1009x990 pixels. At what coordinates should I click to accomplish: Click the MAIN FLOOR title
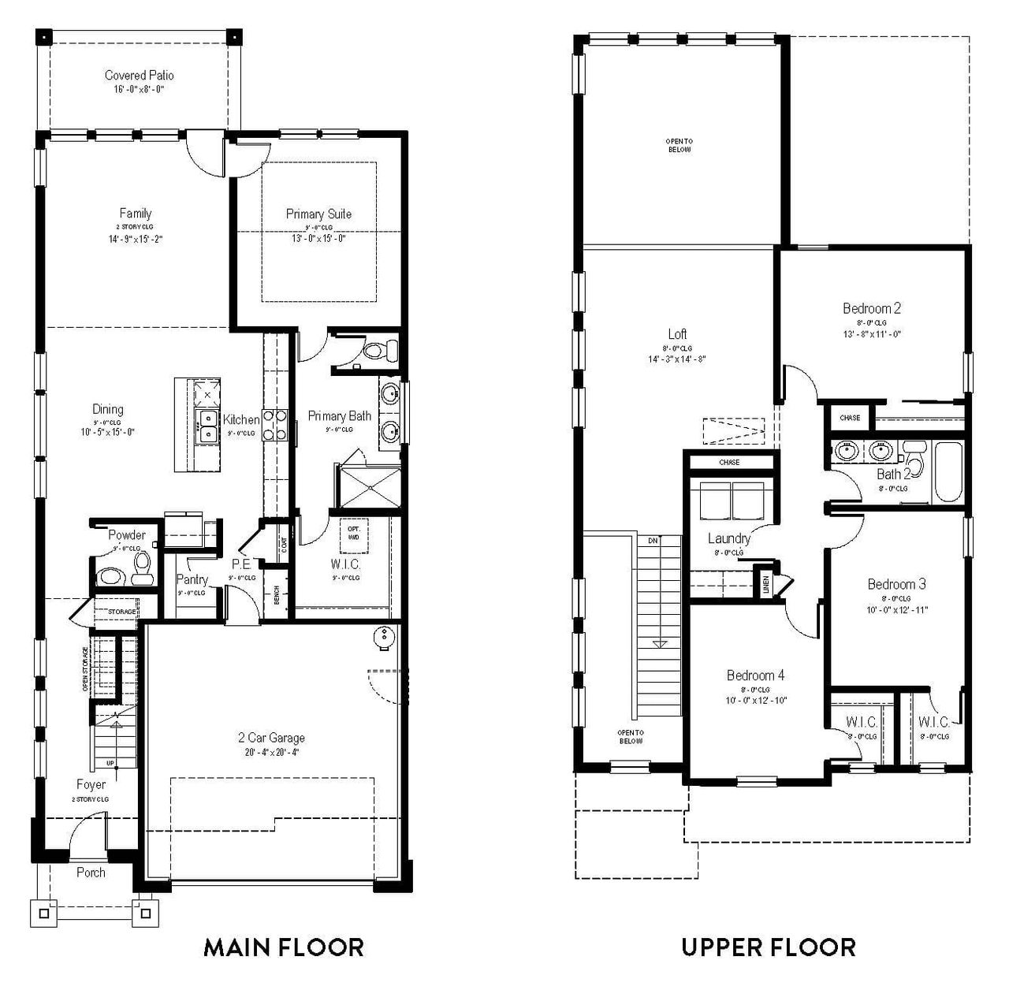tap(284, 946)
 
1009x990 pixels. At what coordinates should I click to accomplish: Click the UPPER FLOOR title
tap(768, 946)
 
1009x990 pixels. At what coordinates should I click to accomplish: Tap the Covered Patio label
tap(139, 76)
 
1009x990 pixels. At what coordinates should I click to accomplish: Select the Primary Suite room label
tap(318, 214)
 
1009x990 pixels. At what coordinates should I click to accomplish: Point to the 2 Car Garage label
tap(271, 738)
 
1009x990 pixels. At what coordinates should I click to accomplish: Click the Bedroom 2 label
tap(871, 308)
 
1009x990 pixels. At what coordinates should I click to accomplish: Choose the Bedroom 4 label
tap(755, 676)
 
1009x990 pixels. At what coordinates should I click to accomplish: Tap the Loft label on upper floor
tap(677, 334)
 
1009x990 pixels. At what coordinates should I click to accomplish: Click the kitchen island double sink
tap(207, 426)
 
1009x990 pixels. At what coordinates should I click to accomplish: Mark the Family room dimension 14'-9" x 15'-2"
tap(135, 238)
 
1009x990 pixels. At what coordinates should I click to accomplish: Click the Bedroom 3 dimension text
tap(896, 609)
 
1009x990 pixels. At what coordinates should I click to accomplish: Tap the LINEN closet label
tap(765, 584)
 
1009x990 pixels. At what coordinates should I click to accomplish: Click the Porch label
tap(91, 873)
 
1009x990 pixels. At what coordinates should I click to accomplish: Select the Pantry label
tap(192, 579)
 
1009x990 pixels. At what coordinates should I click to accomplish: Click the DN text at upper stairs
tap(653, 541)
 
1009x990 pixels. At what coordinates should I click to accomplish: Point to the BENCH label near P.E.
tap(277, 595)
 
